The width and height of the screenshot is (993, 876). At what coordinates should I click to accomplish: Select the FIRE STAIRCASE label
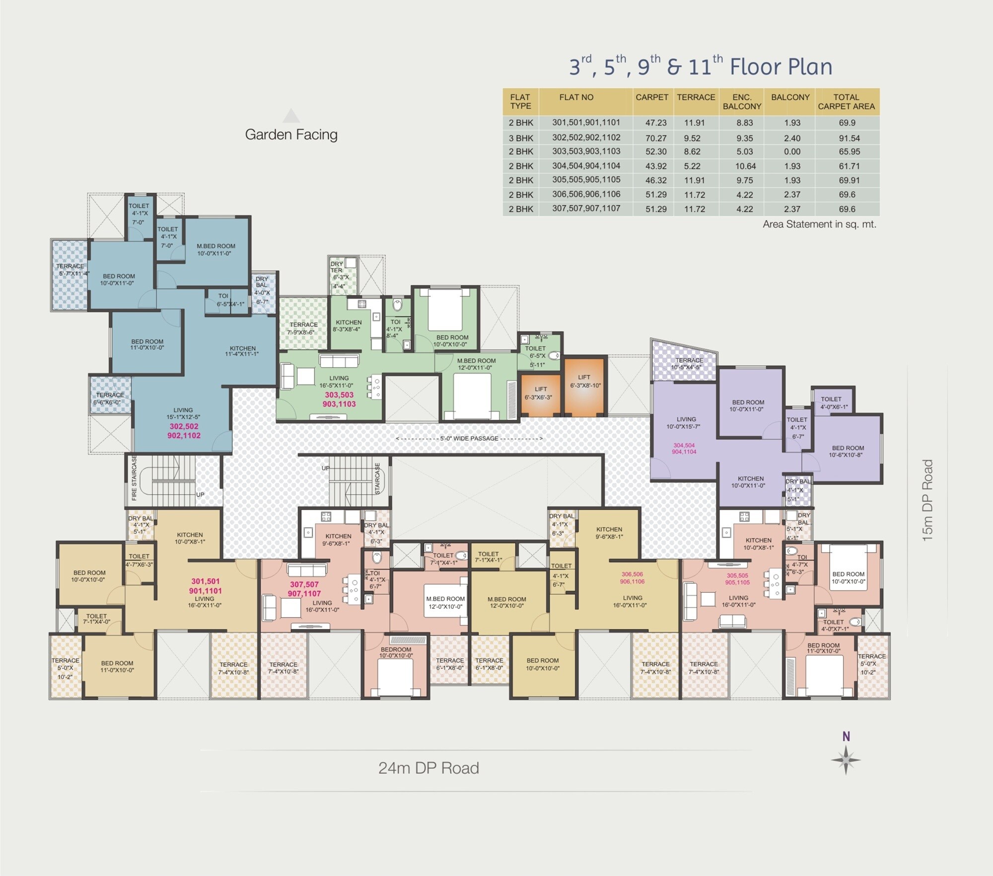tap(134, 478)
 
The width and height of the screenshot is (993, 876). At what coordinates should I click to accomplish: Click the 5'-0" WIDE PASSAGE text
tap(469, 438)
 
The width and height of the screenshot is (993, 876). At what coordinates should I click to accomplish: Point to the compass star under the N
tap(846, 760)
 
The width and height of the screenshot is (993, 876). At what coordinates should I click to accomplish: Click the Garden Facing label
tap(291, 135)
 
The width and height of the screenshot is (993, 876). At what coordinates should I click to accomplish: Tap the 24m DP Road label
tap(428, 768)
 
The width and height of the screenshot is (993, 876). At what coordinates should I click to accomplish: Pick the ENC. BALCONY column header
tap(742, 101)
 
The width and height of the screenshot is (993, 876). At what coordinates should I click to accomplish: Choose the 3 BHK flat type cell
tap(521, 138)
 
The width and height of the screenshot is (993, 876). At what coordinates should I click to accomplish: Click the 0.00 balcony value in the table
tap(792, 152)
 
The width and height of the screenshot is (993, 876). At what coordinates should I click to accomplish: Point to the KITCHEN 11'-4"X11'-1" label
tap(242, 351)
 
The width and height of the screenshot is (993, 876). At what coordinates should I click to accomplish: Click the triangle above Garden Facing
tap(291, 116)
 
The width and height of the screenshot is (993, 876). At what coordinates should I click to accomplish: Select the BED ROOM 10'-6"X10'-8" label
tap(848, 451)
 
